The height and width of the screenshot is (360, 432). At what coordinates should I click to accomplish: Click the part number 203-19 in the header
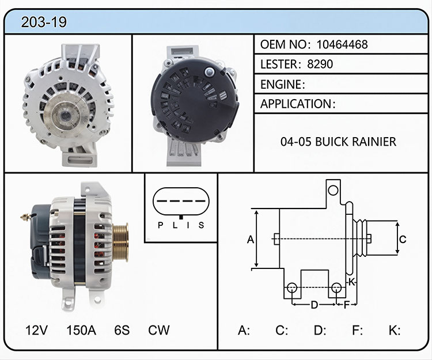(44, 22)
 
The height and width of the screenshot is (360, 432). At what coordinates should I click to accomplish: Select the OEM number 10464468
(342, 44)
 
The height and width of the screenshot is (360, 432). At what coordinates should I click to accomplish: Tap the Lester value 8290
(320, 64)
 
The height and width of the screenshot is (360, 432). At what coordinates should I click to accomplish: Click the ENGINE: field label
(283, 84)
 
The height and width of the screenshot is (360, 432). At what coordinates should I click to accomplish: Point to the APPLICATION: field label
(298, 104)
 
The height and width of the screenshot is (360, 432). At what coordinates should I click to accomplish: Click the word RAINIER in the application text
(374, 142)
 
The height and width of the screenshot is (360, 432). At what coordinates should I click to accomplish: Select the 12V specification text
(36, 330)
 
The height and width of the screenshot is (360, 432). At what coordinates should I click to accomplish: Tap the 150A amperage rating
(81, 330)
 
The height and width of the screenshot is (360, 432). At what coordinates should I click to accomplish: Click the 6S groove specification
(122, 330)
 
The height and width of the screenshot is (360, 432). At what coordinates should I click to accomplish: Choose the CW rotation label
(159, 330)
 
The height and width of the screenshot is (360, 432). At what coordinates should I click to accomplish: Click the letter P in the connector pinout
(160, 225)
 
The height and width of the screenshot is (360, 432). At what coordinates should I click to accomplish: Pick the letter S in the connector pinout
(202, 225)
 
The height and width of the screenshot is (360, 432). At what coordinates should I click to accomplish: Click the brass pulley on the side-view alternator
(120, 242)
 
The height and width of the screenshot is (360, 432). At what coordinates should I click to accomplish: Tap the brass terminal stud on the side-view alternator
(25, 217)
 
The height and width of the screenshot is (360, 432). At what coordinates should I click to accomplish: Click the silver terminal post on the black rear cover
(210, 72)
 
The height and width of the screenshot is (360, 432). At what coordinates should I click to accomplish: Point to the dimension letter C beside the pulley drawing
(403, 239)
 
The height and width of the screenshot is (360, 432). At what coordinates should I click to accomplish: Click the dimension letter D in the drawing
(314, 305)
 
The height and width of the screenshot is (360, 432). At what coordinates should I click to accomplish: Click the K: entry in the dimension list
(395, 330)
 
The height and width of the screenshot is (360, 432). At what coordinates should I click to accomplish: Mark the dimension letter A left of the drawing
(250, 240)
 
